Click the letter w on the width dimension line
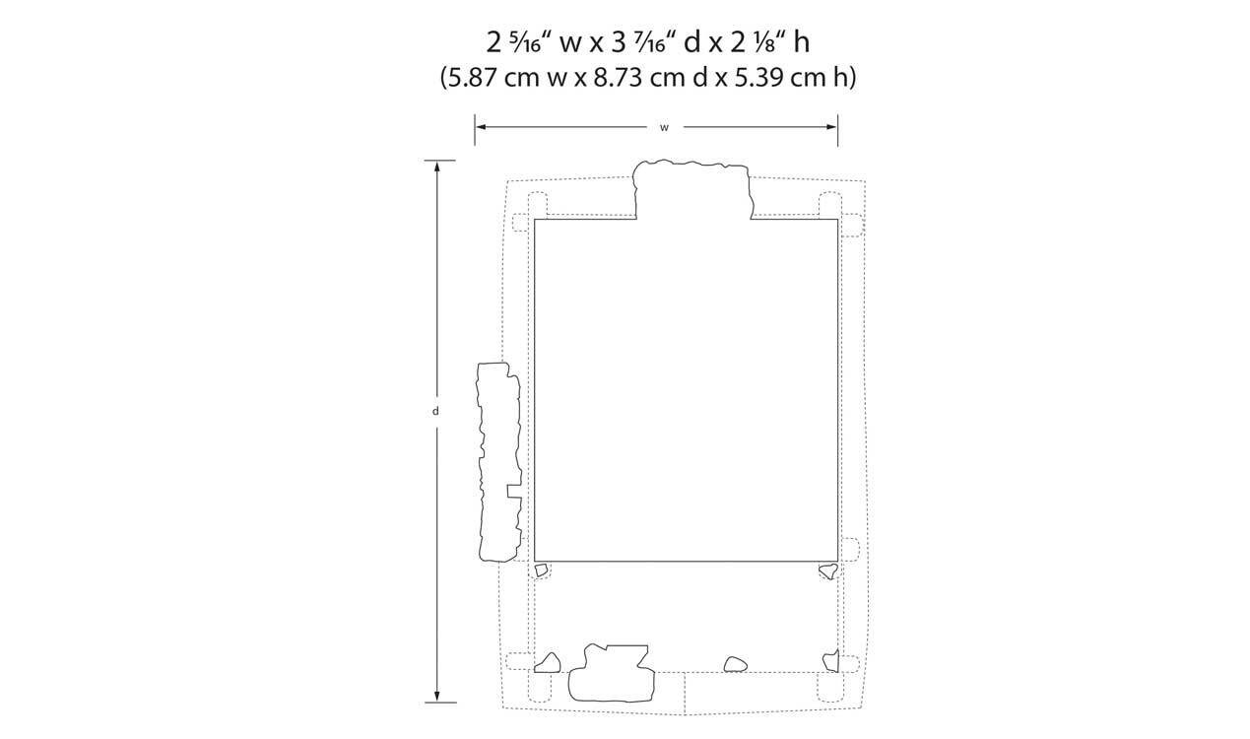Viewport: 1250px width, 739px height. [664, 128]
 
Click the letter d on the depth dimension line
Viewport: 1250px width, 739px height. [435, 411]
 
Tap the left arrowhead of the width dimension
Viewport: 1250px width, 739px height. [481, 127]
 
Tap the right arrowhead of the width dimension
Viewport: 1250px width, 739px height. [831, 127]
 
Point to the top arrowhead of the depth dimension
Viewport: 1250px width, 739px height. [437, 167]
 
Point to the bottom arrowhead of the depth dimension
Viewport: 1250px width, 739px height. [437, 696]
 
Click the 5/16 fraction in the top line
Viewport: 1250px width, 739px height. [526, 43]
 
